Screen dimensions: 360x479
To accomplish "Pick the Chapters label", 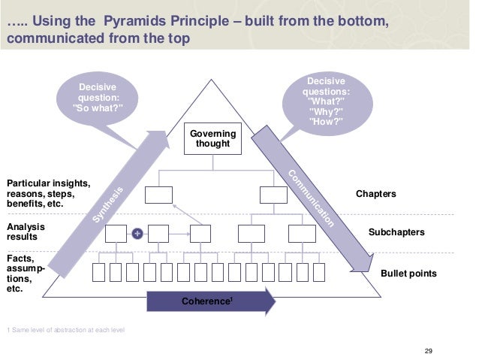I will pyautogui.click(x=376, y=195).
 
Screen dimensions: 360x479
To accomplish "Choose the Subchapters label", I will pyautogui.click(x=396, y=233).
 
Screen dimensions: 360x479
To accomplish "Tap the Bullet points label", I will pyautogui.click(x=408, y=274).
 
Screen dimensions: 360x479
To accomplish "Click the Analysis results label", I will pyautogui.click(x=26, y=231).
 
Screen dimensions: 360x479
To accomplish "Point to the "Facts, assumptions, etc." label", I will pyautogui.click(x=25, y=271).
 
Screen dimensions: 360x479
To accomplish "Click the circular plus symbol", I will pyautogui.click(x=137, y=234).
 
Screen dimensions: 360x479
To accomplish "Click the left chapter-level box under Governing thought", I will pyautogui.click(x=158, y=195).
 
